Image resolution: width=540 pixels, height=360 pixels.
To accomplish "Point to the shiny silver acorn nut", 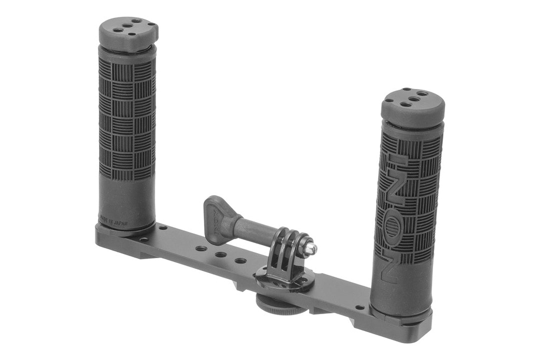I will [x=310, y=246].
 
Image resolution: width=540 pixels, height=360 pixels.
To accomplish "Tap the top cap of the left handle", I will [x=128, y=33].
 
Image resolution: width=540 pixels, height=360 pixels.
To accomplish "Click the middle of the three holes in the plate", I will [x=221, y=255].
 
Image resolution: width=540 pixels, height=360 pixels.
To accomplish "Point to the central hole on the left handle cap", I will [x=128, y=26].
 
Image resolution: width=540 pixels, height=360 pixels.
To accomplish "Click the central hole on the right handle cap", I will [x=414, y=99].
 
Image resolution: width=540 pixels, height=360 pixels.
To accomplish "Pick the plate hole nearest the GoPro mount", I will [x=240, y=261].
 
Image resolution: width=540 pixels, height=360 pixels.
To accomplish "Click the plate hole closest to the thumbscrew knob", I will [x=201, y=248].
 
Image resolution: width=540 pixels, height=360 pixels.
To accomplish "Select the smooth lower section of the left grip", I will [x=127, y=200].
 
